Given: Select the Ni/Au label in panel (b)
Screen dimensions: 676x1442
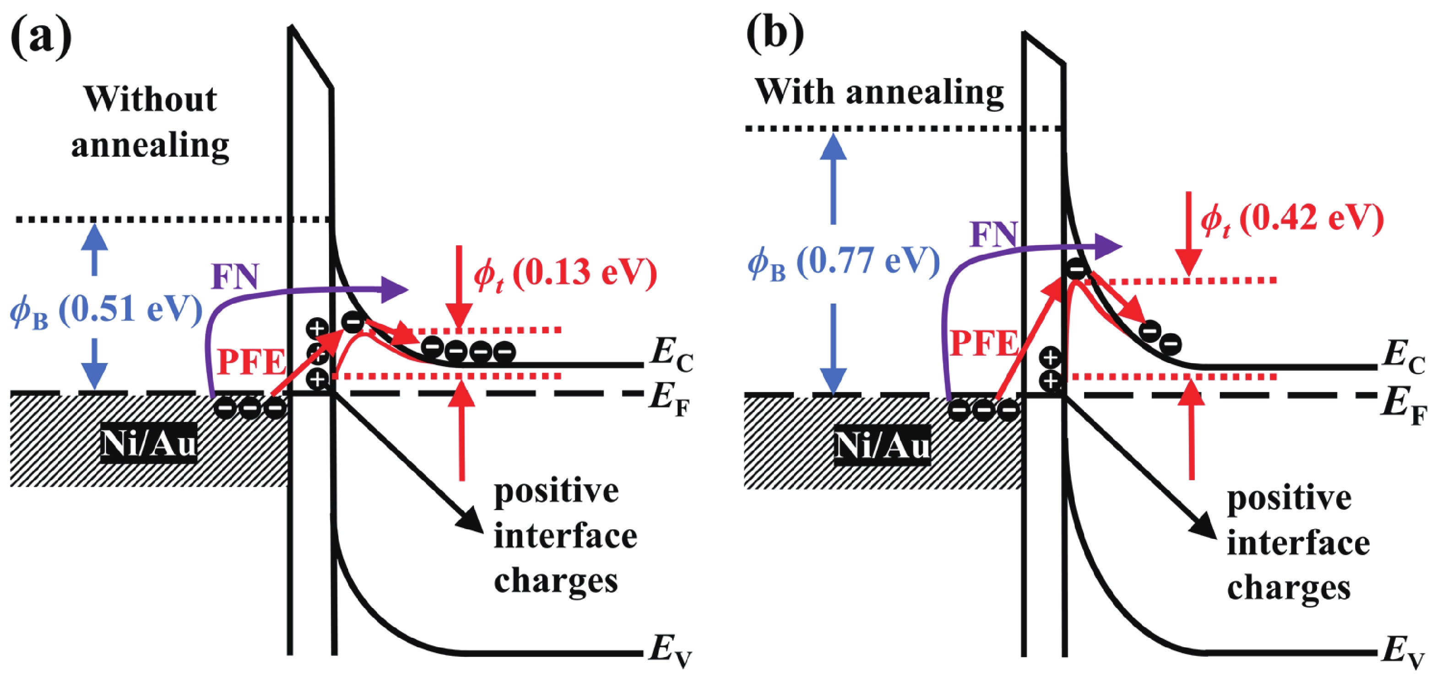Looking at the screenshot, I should (882, 445).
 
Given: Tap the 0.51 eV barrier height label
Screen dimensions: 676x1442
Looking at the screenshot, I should (106, 310).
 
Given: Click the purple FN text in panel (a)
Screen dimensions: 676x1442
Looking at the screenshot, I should (235, 276).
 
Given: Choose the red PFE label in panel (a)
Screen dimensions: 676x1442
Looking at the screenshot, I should (251, 362).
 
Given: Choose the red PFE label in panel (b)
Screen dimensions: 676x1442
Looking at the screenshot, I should (983, 343).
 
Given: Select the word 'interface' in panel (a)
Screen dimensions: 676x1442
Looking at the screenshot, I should (565, 535).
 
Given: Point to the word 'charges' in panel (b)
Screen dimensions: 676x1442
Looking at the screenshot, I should (1289, 588).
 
